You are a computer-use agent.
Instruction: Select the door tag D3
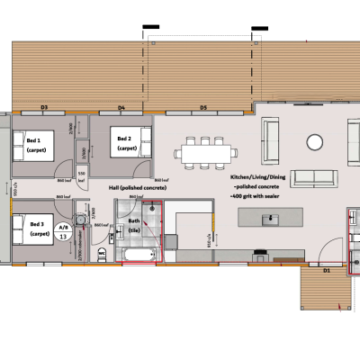click(x=44, y=108)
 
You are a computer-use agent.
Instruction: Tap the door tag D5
click(x=204, y=108)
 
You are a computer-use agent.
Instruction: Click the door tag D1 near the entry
click(x=328, y=269)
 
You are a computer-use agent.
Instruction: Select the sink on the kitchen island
click(x=274, y=217)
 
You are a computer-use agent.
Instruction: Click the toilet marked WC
click(x=101, y=257)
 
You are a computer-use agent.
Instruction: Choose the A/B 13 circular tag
click(x=63, y=232)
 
